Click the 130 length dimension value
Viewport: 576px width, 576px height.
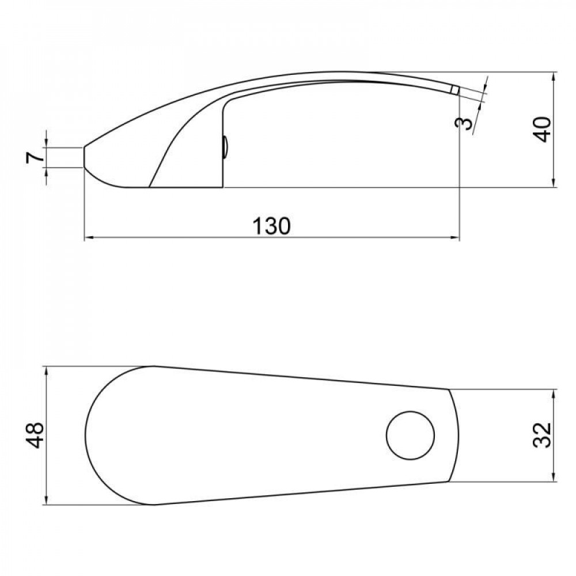point(271,225)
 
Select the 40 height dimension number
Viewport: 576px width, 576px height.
point(543,129)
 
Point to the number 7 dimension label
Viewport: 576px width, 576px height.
point(33,157)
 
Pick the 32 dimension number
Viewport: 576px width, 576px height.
point(543,435)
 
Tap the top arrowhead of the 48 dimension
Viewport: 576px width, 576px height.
point(46,370)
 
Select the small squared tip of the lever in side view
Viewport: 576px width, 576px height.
point(455,90)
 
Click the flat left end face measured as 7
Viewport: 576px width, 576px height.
point(85,157)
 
